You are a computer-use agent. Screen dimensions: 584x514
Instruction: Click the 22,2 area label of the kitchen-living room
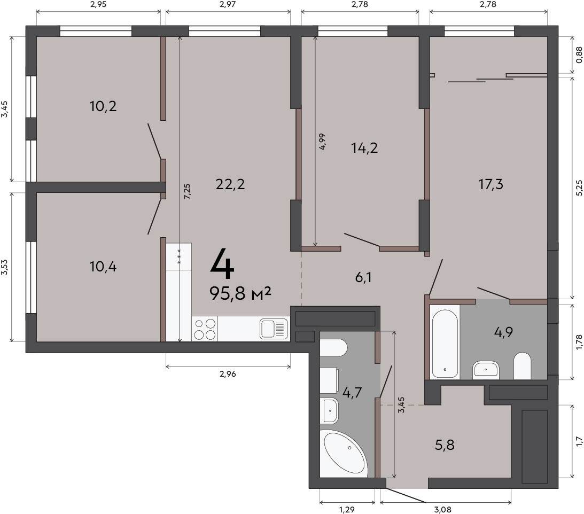point(230,184)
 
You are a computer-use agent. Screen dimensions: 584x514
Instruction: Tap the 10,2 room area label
point(103,106)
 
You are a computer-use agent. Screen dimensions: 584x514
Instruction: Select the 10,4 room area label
point(103,267)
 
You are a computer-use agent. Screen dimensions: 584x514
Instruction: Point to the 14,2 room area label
point(364,148)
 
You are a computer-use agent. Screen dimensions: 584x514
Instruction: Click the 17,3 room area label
point(490,184)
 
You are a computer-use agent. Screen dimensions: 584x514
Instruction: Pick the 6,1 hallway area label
point(363,277)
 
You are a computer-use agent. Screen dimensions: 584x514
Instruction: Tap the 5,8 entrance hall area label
point(445,445)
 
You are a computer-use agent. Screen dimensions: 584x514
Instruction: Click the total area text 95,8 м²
point(240,293)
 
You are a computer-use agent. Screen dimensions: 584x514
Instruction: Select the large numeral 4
point(222,264)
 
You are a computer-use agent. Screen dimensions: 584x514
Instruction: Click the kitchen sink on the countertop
point(274,329)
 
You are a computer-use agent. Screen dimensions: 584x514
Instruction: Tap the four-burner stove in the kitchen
point(205,329)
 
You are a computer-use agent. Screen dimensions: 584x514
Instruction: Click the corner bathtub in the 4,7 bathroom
point(344,453)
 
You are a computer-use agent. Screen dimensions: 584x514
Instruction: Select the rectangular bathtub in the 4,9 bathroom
point(445,341)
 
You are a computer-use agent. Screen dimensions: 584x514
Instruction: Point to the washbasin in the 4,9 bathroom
point(486,370)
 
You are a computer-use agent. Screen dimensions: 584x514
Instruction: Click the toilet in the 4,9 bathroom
point(522,366)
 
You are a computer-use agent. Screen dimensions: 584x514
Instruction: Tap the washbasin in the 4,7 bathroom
point(329,410)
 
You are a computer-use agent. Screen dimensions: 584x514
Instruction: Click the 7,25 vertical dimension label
point(187,191)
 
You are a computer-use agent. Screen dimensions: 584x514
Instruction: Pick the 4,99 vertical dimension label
point(322,142)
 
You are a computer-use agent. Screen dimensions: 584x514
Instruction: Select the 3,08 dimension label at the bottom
point(443,509)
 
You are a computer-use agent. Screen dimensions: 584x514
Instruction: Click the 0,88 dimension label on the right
point(579,54)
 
